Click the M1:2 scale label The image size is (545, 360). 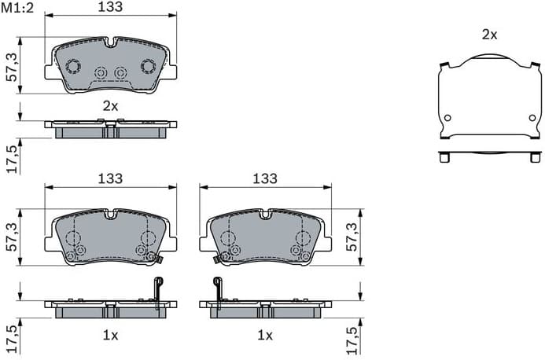coord(17,8)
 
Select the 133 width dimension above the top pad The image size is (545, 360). coord(110,7)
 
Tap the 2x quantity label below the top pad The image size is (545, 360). coord(110,105)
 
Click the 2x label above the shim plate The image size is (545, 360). coord(489,34)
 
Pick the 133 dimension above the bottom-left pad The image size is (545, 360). coord(110,179)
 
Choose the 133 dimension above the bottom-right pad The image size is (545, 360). coord(265,179)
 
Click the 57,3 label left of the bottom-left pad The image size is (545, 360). coord(11,237)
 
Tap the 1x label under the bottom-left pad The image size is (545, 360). coord(110,335)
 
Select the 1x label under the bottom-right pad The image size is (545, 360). coord(265,335)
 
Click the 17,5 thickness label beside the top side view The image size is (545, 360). coord(11,157)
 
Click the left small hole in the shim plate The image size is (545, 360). coord(447,118)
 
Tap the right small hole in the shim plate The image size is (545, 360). coord(532,118)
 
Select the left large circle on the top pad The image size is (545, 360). coord(72,66)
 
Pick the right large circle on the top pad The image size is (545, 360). coord(148,66)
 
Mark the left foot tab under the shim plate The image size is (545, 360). coord(445,157)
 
